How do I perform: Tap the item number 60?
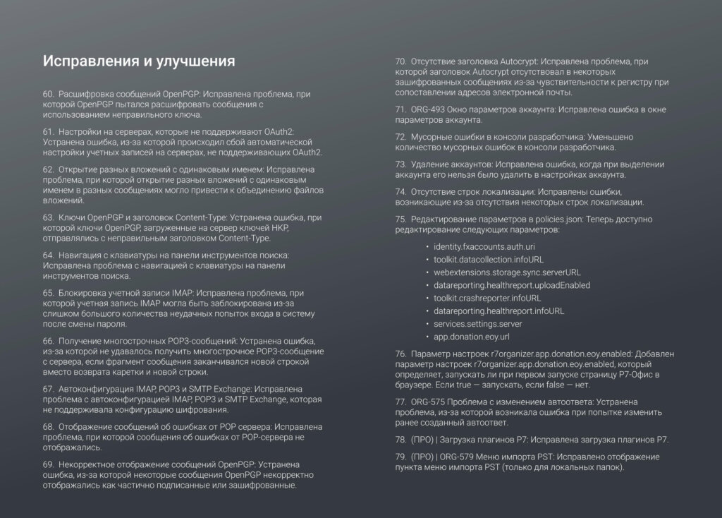(x=49, y=93)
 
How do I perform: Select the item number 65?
(x=49, y=292)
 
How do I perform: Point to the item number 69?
(x=49, y=464)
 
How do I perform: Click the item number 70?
(x=400, y=61)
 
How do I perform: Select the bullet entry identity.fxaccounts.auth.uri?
(x=484, y=246)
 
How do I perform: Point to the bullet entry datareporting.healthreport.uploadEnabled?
(x=512, y=285)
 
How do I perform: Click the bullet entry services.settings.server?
(x=477, y=323)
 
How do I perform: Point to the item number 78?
(x=400, y=440)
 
